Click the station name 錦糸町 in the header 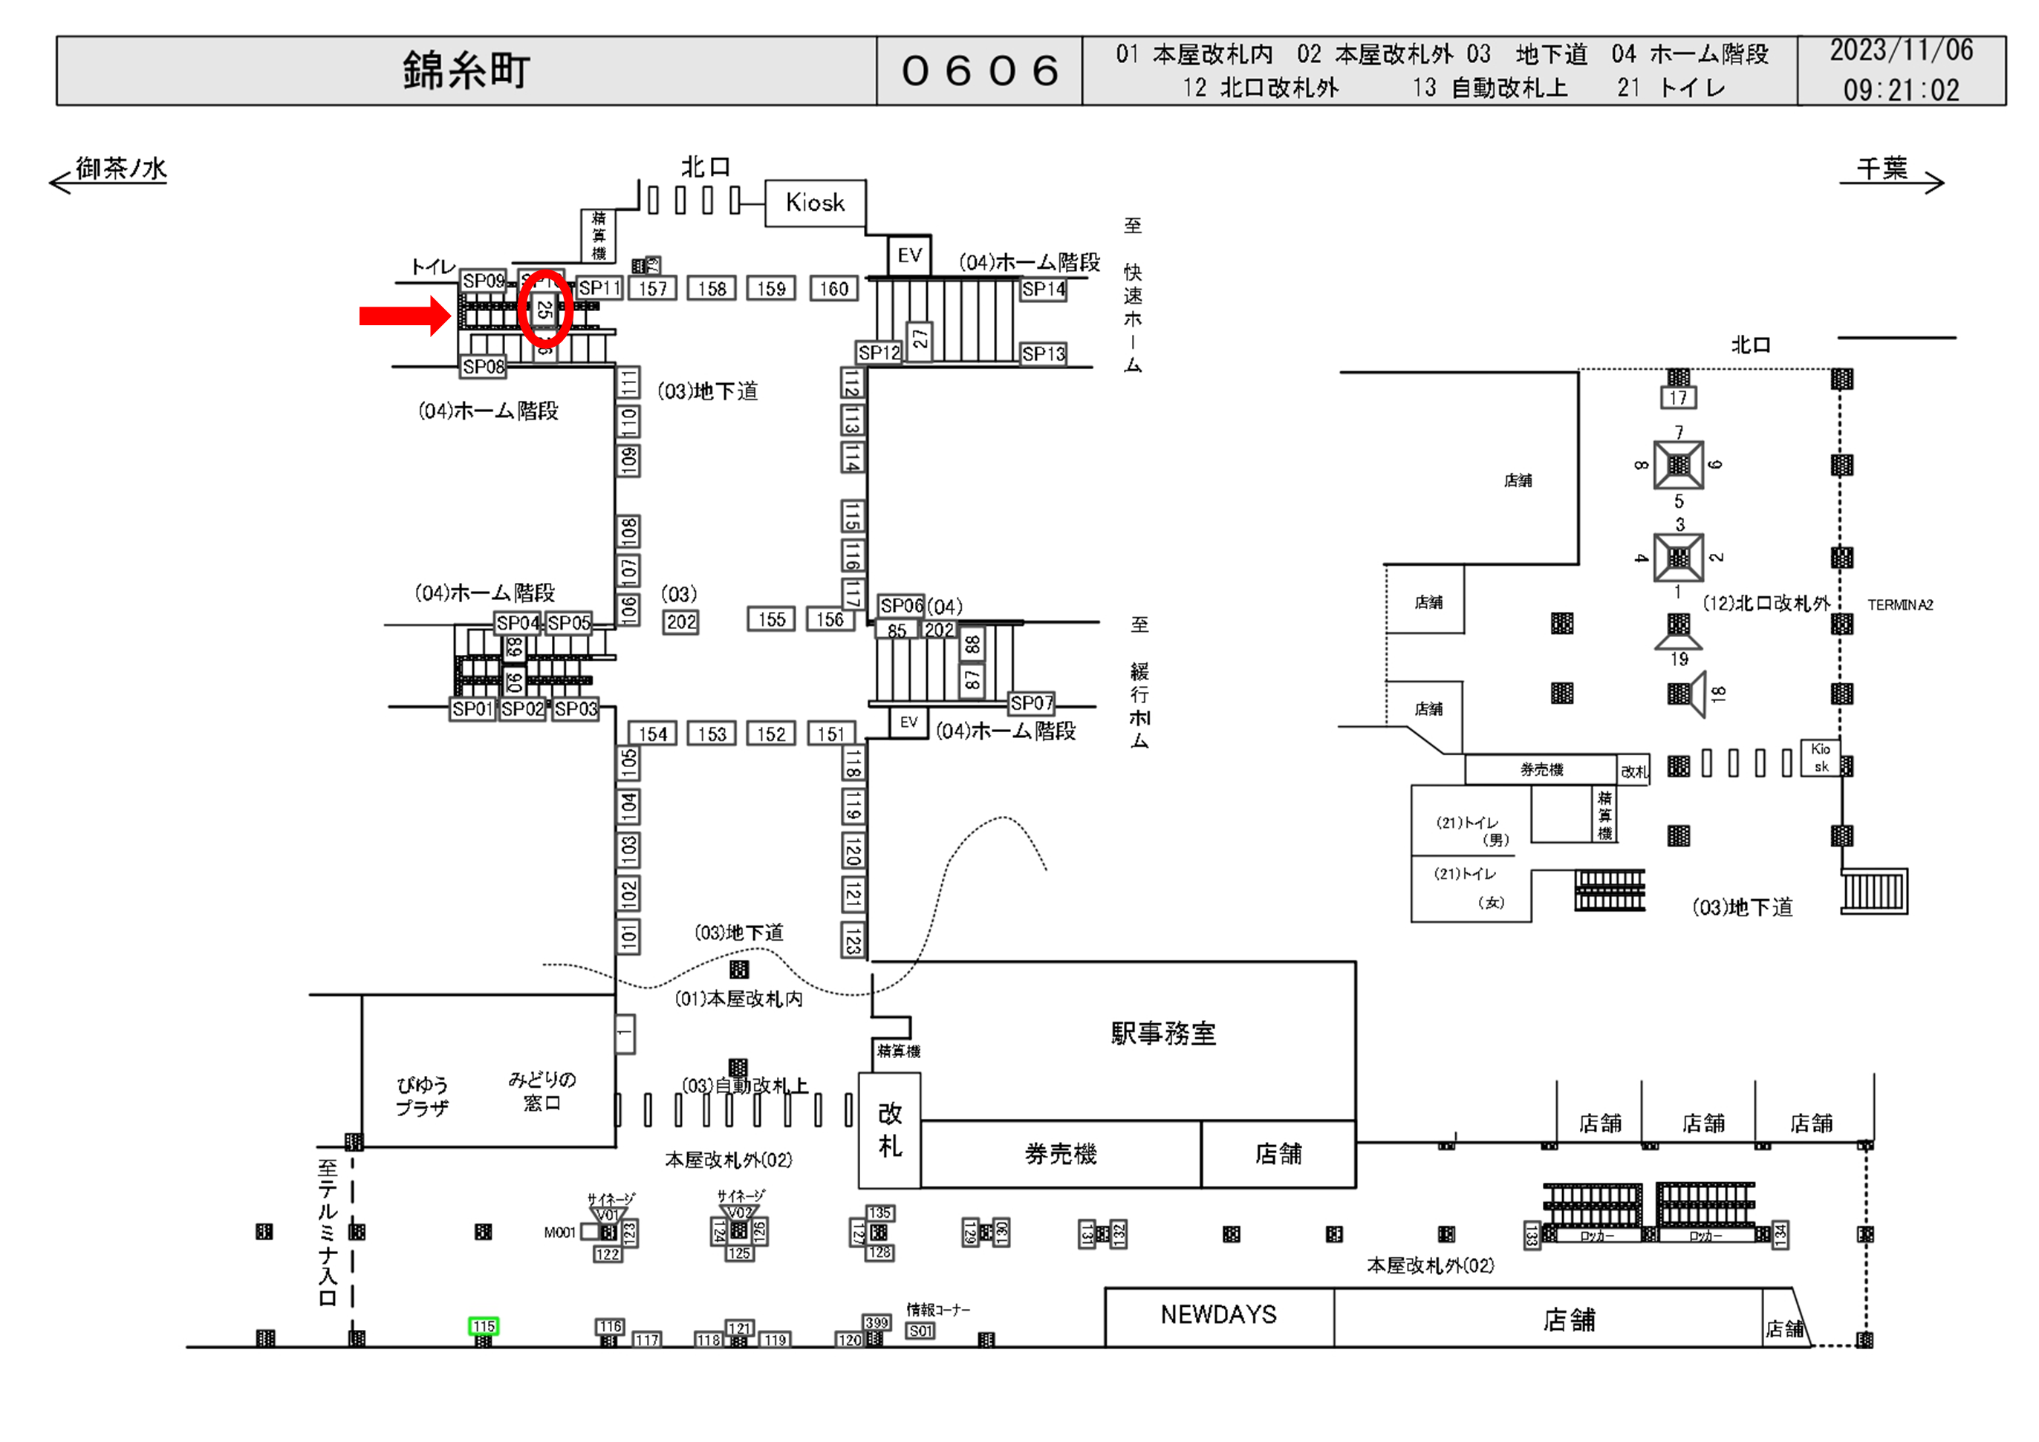point(466,70)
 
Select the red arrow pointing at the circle point(404,316)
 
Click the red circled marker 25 point(544,309)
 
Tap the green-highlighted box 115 point(483,1325)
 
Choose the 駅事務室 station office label point(1162,1034)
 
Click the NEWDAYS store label point(1217,1314)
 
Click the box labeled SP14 point(1043,289)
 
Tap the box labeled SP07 point(1031,703)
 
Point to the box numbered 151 point(831,734)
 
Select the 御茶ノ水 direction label point(121,169)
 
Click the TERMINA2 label point(1899,604)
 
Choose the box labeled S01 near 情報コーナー point(920,1330)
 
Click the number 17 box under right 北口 point(1677,398)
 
